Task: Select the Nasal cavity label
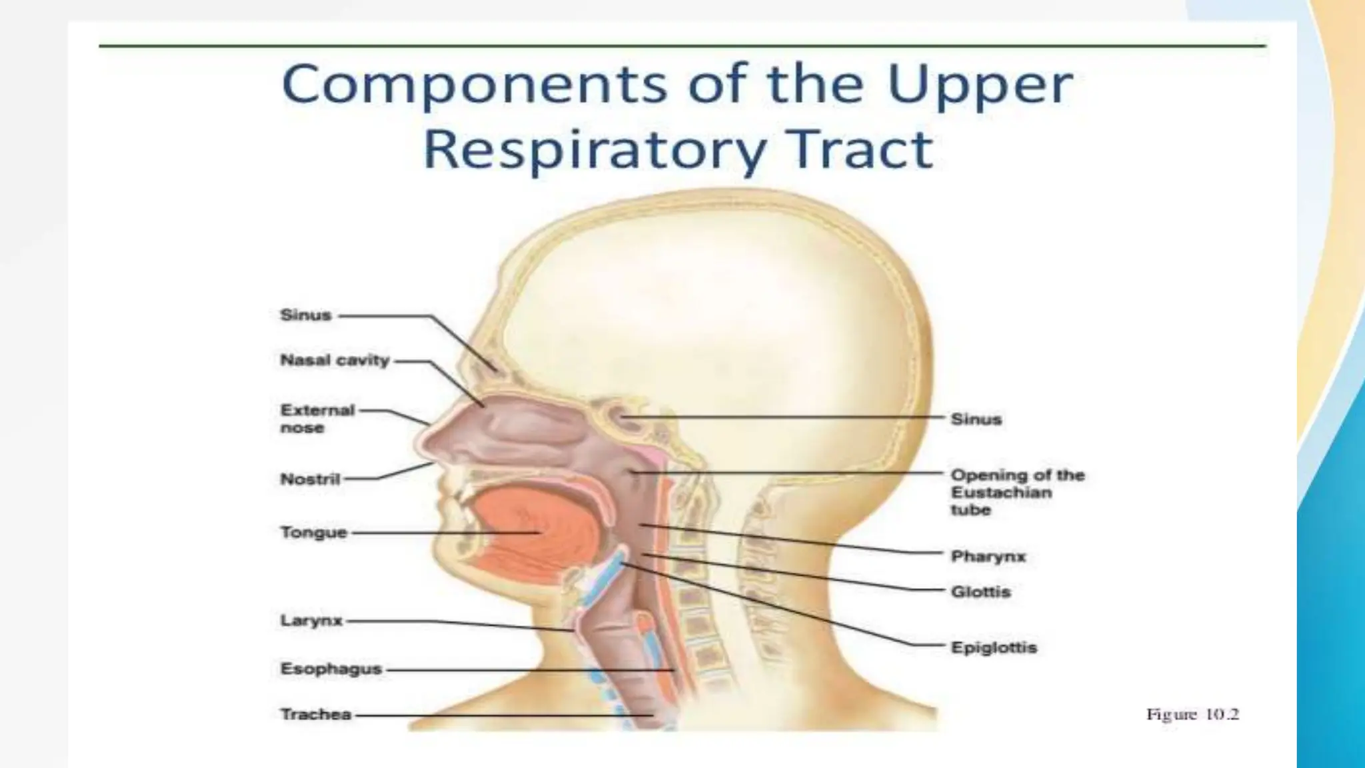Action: [x=335, y=361]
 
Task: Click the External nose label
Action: [x=317, y=419]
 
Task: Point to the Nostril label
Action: [x=310, y=479]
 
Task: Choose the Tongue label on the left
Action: [x=313, y=533]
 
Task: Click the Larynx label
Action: [x=311, y=621]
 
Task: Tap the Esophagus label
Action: [x=331, y=669]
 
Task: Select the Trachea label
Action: [x=315, y=715]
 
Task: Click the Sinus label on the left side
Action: [x=306, y=315]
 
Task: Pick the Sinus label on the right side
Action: [x=976, y=419]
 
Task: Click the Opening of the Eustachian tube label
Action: [x=1017, y=493]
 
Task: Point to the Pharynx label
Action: [x=988, y=556]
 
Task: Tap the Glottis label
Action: [x=980, y=592]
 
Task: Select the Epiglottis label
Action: [x=994, y=647]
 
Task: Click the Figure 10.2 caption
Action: [x=1192, y=715]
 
